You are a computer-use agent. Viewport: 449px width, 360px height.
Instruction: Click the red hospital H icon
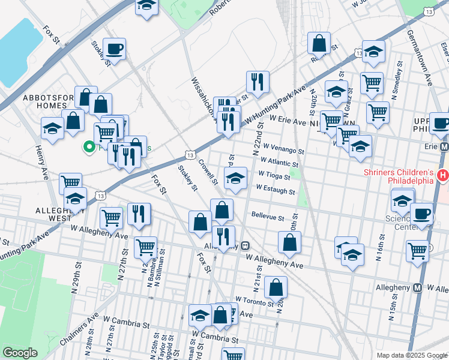(x=443, y=175)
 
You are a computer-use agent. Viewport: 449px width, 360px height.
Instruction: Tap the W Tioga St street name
(x=274, y=175)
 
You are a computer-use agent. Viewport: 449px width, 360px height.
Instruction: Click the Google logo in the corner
(x=20, y=352)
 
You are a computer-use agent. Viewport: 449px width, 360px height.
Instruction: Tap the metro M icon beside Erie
(x=444, y=146)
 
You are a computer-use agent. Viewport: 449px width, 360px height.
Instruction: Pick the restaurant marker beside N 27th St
(x=139, y=214)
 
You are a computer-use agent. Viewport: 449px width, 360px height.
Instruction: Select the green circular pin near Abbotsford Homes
(x=89, y=146)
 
